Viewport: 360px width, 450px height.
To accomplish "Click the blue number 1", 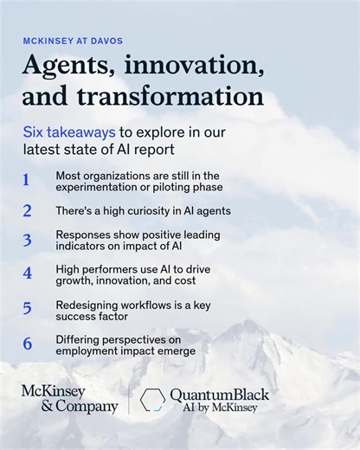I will [x=26, y=180].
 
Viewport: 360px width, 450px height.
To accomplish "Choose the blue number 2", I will [x=27, y=210].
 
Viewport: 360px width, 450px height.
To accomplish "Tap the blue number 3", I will [x=27, y=241].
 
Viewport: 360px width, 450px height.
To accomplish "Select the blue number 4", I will [x=27, y=273].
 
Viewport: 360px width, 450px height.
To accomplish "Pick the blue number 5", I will [x=27, y=308].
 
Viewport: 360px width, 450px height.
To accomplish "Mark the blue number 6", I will [x=27, y=344].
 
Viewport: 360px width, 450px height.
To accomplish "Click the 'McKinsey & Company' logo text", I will [x=68, y=399].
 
